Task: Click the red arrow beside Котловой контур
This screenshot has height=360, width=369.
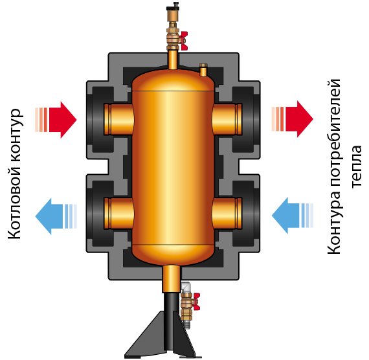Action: [x=56, y=120]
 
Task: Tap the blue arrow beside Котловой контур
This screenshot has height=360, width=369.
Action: [x=56, y=216]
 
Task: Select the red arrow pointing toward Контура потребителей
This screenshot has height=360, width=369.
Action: [x=293, y=119]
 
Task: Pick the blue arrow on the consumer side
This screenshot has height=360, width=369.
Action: [x=293, y=216]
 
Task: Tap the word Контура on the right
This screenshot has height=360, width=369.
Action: [x=333, y=223]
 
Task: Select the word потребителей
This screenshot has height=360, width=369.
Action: [x=333, y=133]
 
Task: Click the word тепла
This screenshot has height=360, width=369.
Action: [x=357, y=166]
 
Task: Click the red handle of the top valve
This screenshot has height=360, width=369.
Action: [x=184, y=41]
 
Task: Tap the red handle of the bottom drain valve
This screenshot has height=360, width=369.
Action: [x=196, y=302]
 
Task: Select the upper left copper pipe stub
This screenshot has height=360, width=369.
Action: [x=119, y=119]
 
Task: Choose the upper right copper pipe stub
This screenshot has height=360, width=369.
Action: [x=227, y=119]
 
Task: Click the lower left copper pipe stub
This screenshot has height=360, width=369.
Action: [x=119, y=213]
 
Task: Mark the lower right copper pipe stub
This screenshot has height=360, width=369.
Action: [x=227, y=213]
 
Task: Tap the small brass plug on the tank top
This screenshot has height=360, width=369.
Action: [x=203, y=70]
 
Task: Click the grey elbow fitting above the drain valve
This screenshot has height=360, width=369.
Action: [x=186, y=287]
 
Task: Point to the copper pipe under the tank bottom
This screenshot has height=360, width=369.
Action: [x=172, y=279]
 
